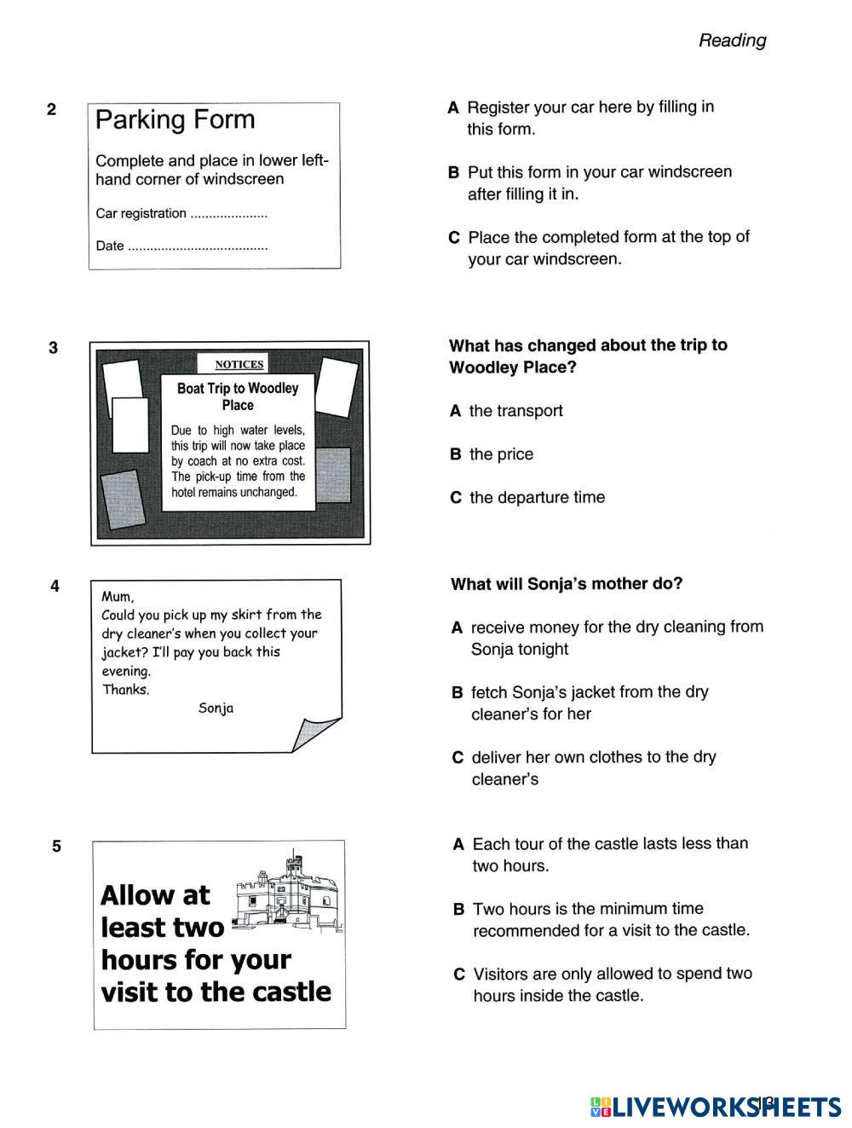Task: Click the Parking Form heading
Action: pyautogui.click(x=175, y=119)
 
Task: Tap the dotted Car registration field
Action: pyautogui.click(x=228, y=215)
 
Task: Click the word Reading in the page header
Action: pyautogui.click(x=732, y=40)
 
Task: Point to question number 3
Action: pyautogui.click(x=54, y=348)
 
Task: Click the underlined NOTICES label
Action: pyautogui.click(x=239, y=364)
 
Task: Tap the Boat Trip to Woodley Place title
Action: pyautogui.click(x=238, y=396)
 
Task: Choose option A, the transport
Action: pyautogui.click(x=515, y=411)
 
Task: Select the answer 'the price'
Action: pyautogui.click(x=501, y=454)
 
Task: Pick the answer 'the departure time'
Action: pyautogui.click(x=537, y=498)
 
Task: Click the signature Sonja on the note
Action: pyautogui.click(x=216, y=709)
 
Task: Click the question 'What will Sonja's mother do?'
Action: pyautogui.click(x=567, y=584)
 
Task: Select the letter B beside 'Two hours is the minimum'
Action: pyautogui.click(x=458, y=910)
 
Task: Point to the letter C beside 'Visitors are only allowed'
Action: pyautogui.click(x=459, y=975)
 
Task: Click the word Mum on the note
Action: pyautogui.click(x=118, y=596)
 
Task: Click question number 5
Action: pyautogui.click(x=56, y=847)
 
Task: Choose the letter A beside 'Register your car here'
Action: pyautogui.click(x=453, y=108)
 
